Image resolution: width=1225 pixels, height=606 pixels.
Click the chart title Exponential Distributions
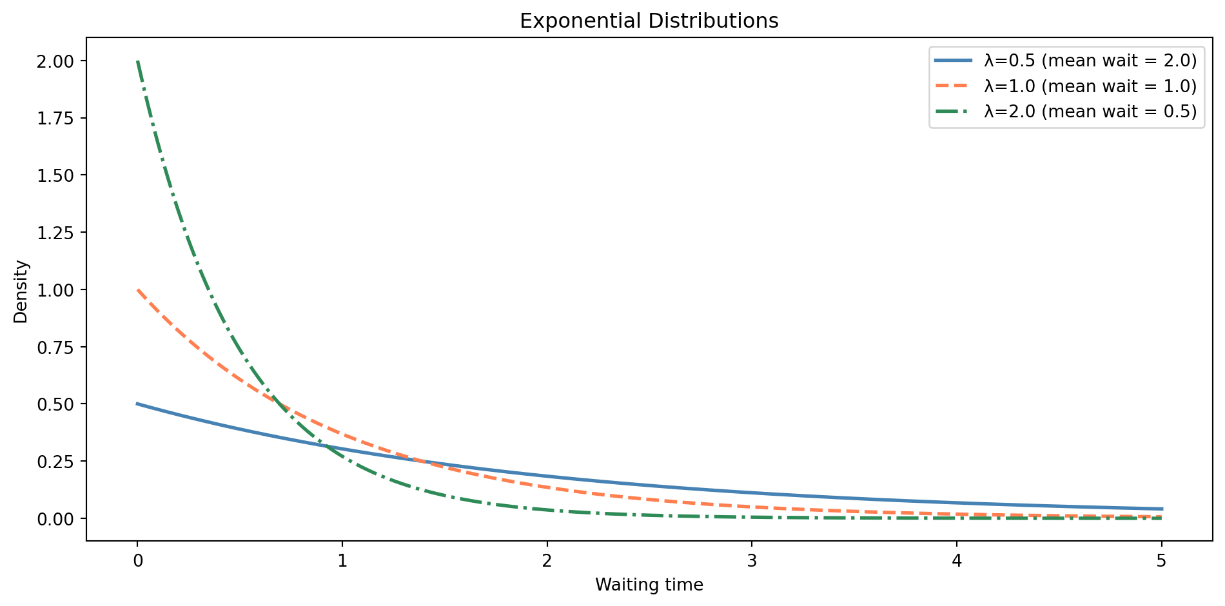click(649, 21)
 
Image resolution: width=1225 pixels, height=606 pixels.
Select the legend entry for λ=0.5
click(1090, 61)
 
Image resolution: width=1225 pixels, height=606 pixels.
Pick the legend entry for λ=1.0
click(1090, 86)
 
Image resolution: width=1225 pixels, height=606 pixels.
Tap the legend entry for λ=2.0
click(1090, 112)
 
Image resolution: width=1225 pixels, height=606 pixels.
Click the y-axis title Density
click(21, 291)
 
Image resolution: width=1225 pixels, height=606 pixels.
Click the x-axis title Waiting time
click(649, 585)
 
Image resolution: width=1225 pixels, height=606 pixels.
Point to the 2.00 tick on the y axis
click(55, 61)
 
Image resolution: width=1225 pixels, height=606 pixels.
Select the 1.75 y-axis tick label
click(55, 119)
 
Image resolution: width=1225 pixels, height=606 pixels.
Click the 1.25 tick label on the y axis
click(55, 233)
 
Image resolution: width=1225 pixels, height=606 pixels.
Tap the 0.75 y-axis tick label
click(55, 347)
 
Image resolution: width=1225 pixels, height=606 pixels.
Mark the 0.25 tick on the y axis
click(55, 462)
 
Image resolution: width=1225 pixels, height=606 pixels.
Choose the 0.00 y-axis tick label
click(55, 519)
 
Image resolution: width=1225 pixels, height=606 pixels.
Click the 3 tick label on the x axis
click(752, 561)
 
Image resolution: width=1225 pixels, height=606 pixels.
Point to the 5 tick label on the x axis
click(1161, 561)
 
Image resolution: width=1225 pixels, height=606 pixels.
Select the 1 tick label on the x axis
click(342, 561)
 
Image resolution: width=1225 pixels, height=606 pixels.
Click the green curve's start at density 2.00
click(137, 61)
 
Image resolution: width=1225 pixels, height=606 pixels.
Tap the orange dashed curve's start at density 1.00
click(137, 289)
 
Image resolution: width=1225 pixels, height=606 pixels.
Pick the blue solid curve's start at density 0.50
click(137, 404)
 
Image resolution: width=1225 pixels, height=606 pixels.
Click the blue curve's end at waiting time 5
click(1161, 509)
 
